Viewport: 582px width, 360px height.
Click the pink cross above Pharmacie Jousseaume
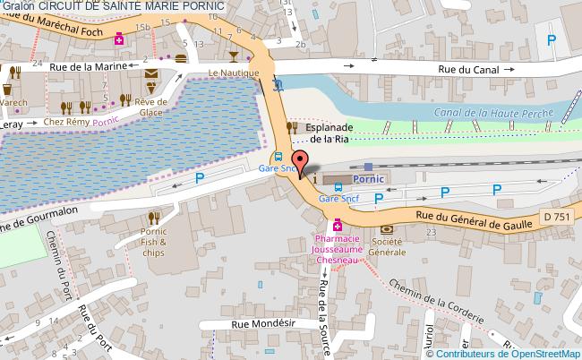(337, 224)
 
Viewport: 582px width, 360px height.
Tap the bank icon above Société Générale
(386, 228)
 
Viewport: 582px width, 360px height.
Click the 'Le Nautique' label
(233, 73)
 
